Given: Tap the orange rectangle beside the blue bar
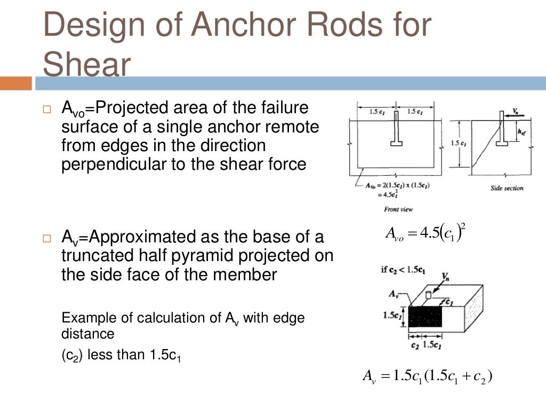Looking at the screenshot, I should coord(16,83).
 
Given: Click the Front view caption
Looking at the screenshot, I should coord(398,209).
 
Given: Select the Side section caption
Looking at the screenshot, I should coord(507,188).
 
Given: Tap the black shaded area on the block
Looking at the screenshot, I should coord(425,317).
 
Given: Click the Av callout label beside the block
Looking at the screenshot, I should coord(394,293).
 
